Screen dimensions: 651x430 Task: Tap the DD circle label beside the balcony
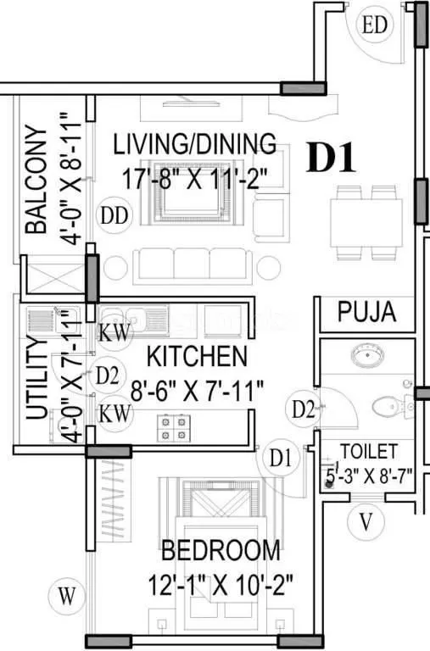coord(114,216)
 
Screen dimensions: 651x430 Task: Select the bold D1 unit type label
coord(335,159)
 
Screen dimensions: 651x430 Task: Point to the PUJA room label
coord(366,312)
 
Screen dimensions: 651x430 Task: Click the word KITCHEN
coord(197,356)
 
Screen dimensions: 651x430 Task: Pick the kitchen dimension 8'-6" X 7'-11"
coord(197,390)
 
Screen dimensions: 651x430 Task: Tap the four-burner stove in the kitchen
coord(173,426)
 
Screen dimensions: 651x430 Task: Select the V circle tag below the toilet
coord(366,521)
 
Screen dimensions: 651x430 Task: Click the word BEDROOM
coord(220,551)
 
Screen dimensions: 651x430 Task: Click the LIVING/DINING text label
coord(195,142)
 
